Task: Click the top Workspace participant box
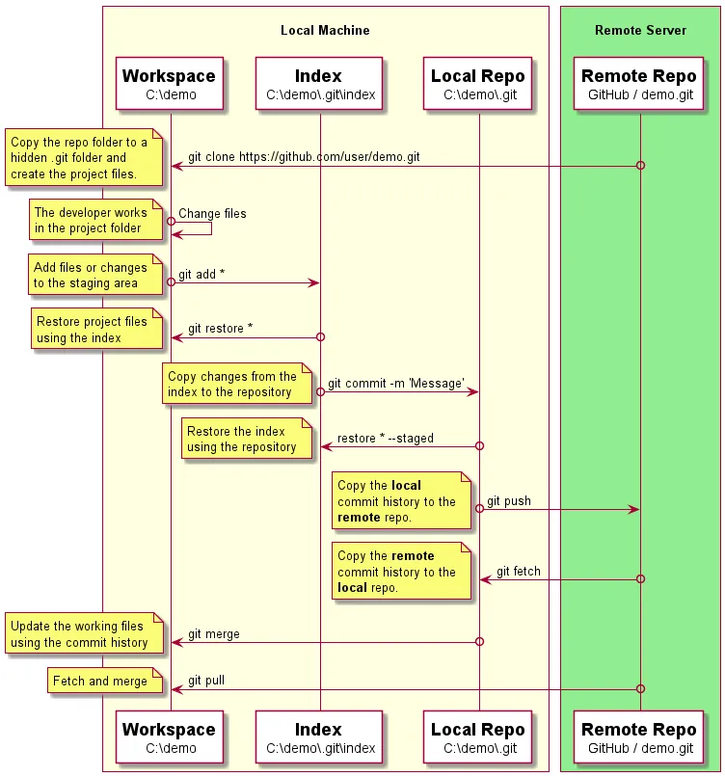(x=170, y=84)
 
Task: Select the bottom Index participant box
(x=319, y=737)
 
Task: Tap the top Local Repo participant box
(x=478, y=84)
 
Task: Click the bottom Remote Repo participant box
(x=639, y=737)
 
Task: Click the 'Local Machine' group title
(x=325, y=30)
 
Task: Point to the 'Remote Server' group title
(x=640, y=30)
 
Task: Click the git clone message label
(x=304, y=156)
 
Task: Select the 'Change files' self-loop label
(x=212, y=213)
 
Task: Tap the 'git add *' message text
(x=201, y=274)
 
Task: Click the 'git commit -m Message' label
(x=396, y=383)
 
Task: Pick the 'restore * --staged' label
(x=386, y=438)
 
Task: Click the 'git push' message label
(x=508, y=501)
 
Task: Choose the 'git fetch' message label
(x=519, y=572)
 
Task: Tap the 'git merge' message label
(x=214, y=633)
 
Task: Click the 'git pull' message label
(x=206, y=680)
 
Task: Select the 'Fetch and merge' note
(x=100, y=682)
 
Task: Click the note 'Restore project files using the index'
(x=93, y=330)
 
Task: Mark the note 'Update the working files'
(x=80, y=634)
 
